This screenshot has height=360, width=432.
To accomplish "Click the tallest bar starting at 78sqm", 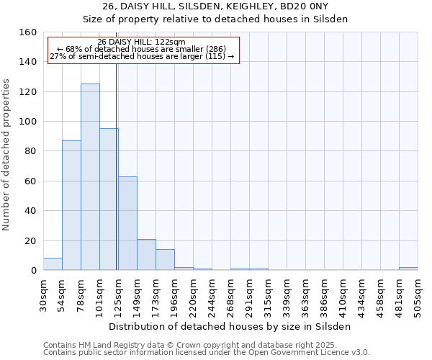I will [x=90, y=177].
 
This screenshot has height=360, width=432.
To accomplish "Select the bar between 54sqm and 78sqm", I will [x=71, y=205].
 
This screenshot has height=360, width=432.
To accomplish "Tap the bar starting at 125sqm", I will [x=127, y=223].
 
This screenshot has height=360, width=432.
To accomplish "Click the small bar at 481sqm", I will [x=408, y=269].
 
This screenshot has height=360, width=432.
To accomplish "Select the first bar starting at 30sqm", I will [x=53, y=264].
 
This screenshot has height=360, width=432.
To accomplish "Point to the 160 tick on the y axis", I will [x=28, y=32].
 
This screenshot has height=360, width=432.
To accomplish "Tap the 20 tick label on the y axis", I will [x=30, y=240].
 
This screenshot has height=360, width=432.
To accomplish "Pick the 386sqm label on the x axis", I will [x=305, y=294].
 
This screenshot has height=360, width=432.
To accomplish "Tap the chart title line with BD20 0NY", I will [x=215, y=6].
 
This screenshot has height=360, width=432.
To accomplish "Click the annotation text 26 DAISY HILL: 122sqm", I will [x=141, y=42].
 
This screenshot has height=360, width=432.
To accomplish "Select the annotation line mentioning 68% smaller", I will [x=141, y=49].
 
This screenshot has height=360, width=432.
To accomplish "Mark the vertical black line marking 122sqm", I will [x=116, y=166].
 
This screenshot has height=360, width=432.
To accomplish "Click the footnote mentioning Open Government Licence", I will [x=206, y=353].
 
